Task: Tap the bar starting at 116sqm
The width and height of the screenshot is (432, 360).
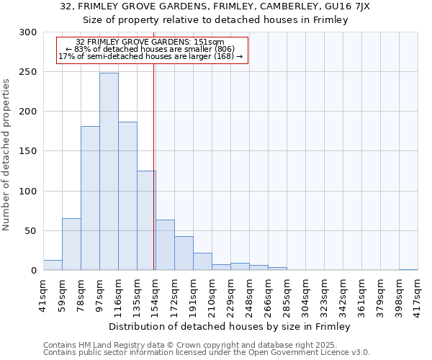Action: point(127,196)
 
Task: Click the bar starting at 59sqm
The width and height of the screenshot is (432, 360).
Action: point(71,244)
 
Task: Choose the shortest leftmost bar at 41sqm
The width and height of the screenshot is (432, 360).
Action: point(53,265)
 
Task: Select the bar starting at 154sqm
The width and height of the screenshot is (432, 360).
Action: point(165,245)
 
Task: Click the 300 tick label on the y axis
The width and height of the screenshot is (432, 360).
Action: point(28,32)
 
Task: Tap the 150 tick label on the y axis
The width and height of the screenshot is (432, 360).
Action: point(28,151)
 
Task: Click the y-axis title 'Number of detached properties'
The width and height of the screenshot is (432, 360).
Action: point(6,155)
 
